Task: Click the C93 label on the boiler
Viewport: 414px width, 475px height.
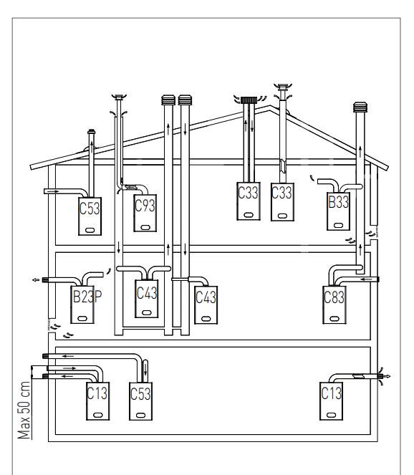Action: tap(145, 206)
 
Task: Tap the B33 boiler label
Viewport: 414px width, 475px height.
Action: tap(339, 202)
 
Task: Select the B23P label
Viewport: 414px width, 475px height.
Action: tap(87, 297)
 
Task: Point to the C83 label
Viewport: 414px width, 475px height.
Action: tap(334, 297)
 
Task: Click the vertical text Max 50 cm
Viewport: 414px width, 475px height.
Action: tap(24, 411)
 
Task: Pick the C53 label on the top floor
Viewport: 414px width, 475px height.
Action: tap(90, 208)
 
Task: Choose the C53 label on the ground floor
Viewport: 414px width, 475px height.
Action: tap(140, 394)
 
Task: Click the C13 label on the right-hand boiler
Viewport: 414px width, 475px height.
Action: tap(332, 393)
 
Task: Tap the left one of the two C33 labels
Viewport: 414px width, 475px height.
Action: tap(248, 193)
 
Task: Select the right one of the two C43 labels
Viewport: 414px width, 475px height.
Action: tap(206, 297)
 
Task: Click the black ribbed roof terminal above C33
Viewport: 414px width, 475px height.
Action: tap(249, 100)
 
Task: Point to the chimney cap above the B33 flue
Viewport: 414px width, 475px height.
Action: tap(360, 107)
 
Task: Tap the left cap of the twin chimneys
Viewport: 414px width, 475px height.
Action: tap(168, 100)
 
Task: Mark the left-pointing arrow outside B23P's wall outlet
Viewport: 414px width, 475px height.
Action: tap(36, 280)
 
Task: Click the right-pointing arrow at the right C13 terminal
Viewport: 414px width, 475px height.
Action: tap(387, 377)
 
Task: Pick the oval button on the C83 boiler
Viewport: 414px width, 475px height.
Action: tap(334, 319)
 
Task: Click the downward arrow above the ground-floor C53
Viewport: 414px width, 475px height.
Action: tap(145, 369)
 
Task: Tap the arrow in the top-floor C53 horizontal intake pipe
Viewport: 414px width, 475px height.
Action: tap(54, 191)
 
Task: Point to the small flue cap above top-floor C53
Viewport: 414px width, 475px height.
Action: tap(91, 132)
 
